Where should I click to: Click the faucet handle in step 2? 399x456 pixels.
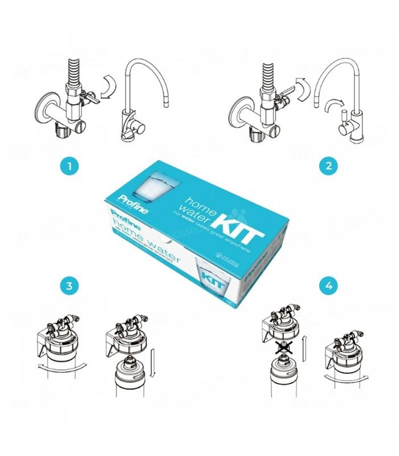(344, 120)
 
